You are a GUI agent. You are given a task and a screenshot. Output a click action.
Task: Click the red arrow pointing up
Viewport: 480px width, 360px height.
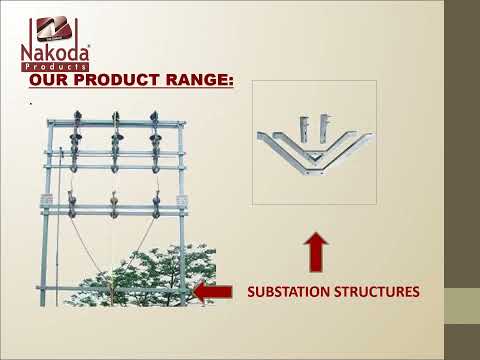315,252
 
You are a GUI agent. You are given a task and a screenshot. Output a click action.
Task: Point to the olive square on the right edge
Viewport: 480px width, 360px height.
461,306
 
